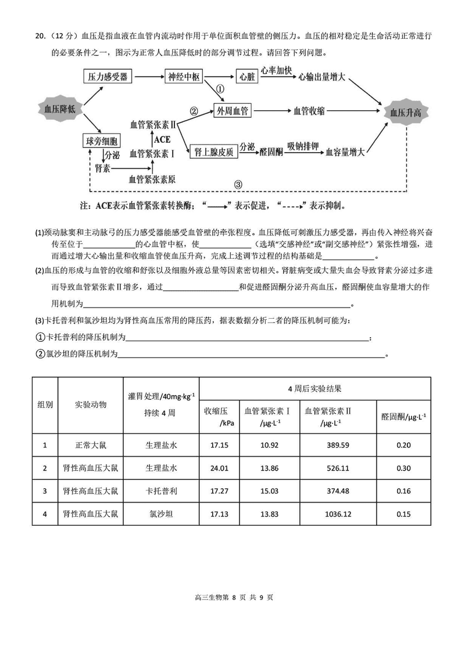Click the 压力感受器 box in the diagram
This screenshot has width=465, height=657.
tap(108, 77)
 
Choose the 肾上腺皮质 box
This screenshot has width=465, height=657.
tap(213, 152)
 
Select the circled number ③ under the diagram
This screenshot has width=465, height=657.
tap(238, 185)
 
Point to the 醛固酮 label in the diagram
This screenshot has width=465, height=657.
tap(271, 152)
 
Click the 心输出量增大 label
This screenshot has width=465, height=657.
tap(323, 77)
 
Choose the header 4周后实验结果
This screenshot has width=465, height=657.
tap(314, 388)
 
